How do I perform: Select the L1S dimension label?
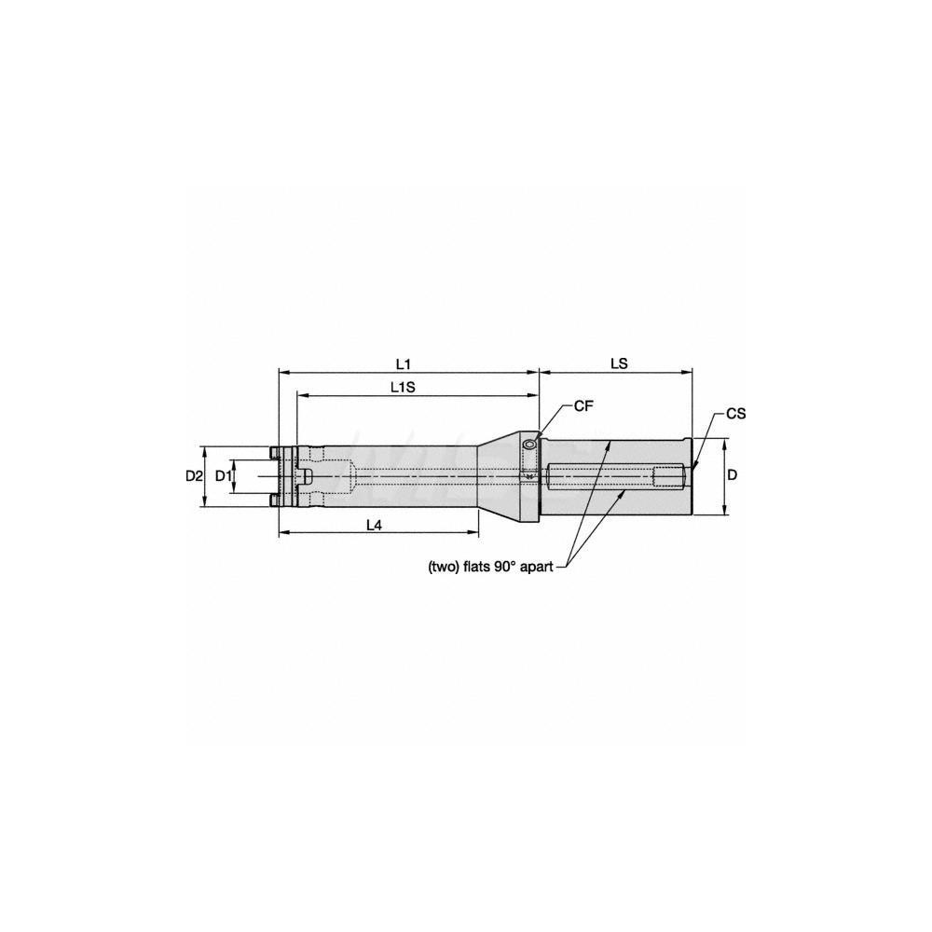point(404,386)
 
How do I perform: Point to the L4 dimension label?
point(373,525)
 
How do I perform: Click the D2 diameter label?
point(193,475)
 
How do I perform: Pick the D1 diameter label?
point(223,475)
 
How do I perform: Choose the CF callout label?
point(584,405)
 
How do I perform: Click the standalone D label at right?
point(733,475)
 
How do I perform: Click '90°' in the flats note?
point(512,566)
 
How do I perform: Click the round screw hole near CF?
point(529,445)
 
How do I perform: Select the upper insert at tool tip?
point(274,452)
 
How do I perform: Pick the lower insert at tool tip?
point(274,500)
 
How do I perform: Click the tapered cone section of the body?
point(499,475)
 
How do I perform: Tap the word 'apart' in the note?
point(542,566)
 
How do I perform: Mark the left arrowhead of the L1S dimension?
point(300,395)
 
